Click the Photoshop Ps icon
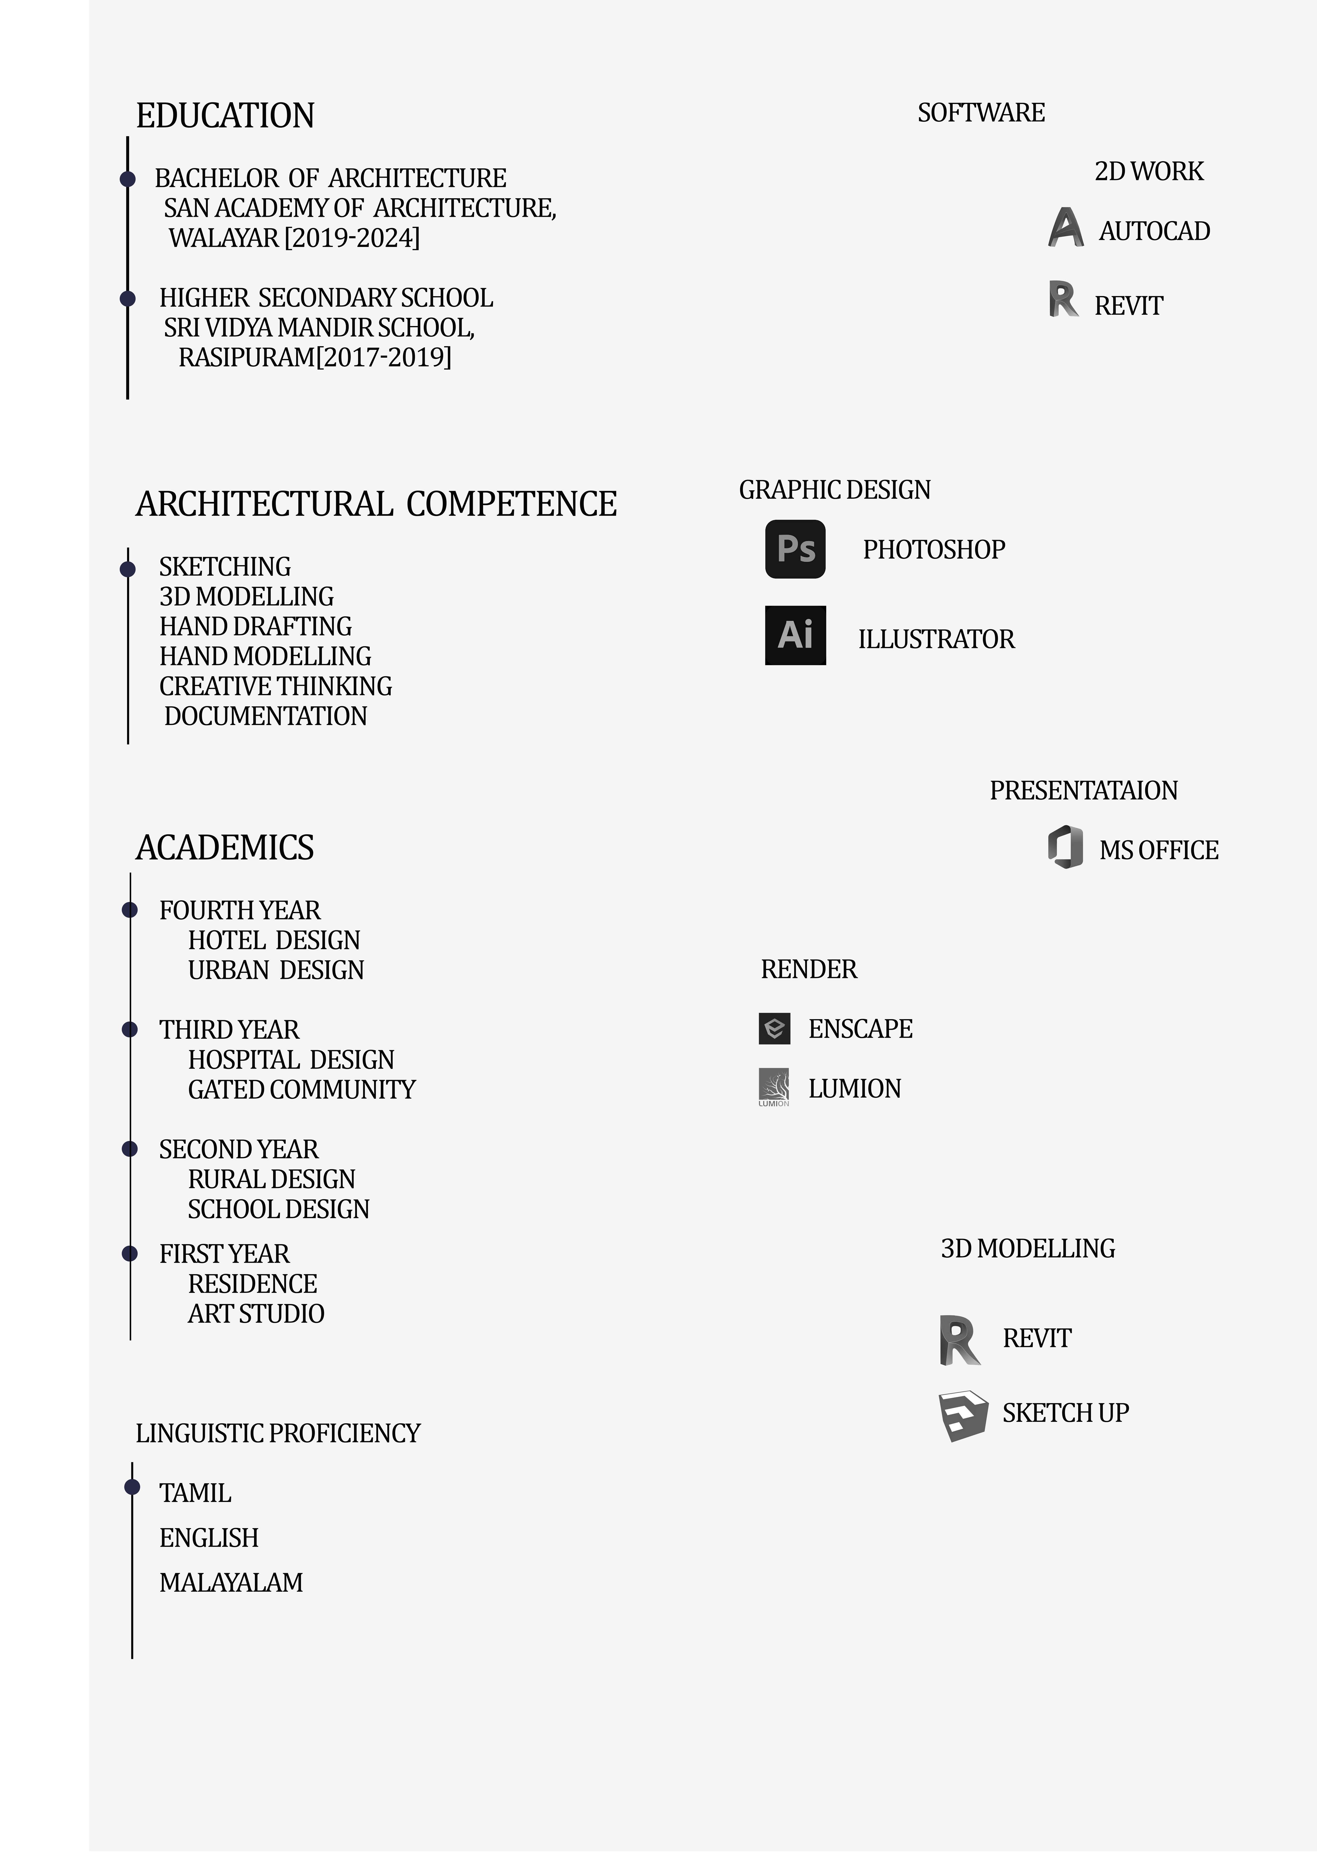[x=795, y=549]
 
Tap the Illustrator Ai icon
[x=795, y=635]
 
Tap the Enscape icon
[x=774, y=1028]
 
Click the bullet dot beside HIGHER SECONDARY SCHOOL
[x=127, y=298]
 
